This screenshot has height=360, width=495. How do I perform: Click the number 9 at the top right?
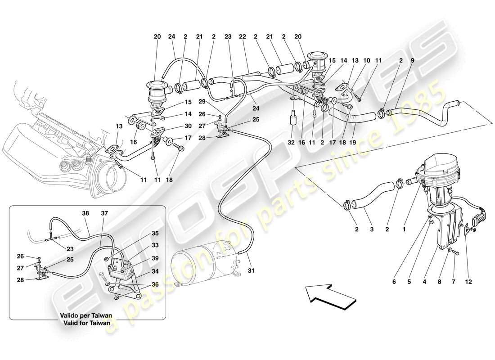click(413, 60)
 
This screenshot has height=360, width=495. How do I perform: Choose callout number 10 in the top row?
click(366, 60)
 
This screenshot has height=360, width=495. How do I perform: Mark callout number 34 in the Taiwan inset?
click(155, 272)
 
